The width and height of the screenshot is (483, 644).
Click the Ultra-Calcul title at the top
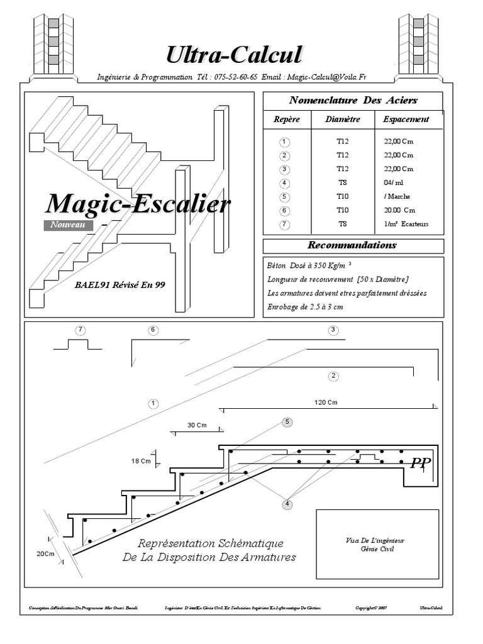click(x=234, y=55)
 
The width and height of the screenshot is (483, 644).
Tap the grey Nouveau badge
click(x=68, y=224)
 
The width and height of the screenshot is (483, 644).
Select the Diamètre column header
click(x=343, y=119)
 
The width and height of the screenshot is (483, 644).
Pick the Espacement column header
click(x=406, y=119)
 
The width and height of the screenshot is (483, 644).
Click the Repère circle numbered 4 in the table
click(x=285, y=183)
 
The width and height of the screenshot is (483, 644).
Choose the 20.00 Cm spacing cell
click(x=399, y=210)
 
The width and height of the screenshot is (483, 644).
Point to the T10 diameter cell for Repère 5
click(x=343, y=196)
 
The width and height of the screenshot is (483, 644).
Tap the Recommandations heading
click(x=352, y=245)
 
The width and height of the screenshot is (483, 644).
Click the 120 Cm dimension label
click(x=326, y=402)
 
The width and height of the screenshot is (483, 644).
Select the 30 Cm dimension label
click(x=197, y=425)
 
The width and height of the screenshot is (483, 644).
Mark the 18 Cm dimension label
click(x=141, y=461)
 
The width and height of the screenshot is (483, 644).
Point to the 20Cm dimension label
click(x=46, y=553)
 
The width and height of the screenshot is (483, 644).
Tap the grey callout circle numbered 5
click(x=287, y=422)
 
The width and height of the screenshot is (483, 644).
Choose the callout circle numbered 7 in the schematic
click(x=79, y=330)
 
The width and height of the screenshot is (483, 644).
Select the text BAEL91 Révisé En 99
click(x=119, y=285)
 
